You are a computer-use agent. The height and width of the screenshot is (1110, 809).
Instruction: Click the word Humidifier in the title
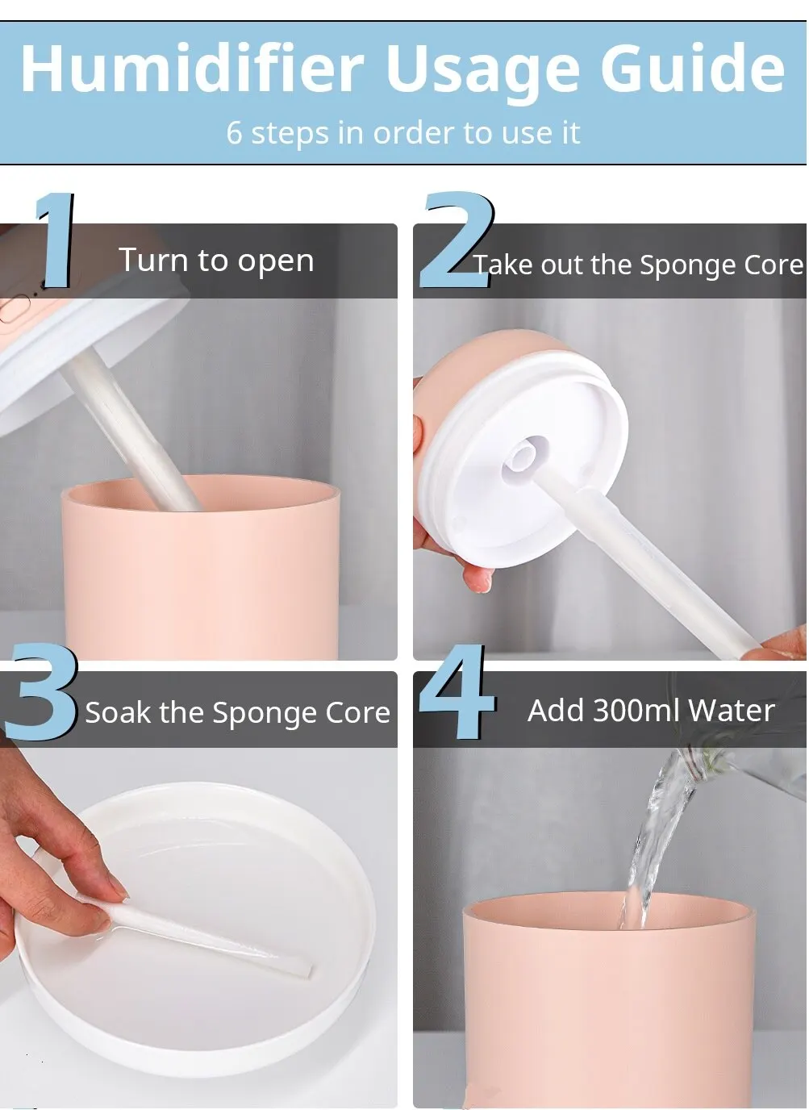click(x=193, y=68)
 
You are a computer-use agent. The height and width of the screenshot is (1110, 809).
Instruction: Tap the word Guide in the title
click(x=693, y=68)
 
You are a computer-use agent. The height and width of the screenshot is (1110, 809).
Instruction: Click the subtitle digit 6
click(x=234, y=133)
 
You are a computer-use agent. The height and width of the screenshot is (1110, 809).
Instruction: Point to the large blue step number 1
click(x=55, y=240)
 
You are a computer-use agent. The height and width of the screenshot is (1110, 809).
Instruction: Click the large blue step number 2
click(x=457, y=240)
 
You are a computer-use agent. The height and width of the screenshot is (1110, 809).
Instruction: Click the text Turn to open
click(x=216, y=261)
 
